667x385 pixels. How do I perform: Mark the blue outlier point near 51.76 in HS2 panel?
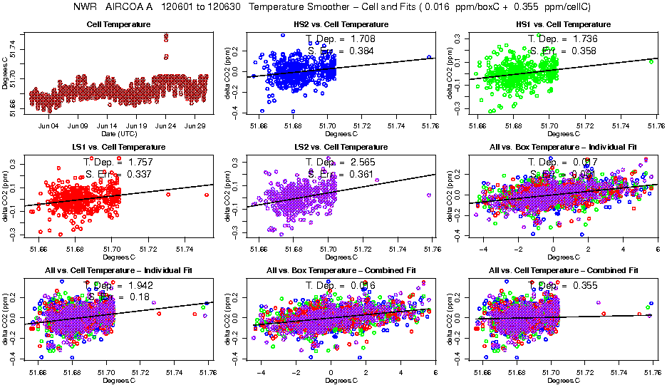(430, 57)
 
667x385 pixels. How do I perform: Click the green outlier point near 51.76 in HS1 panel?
(651, 61)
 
